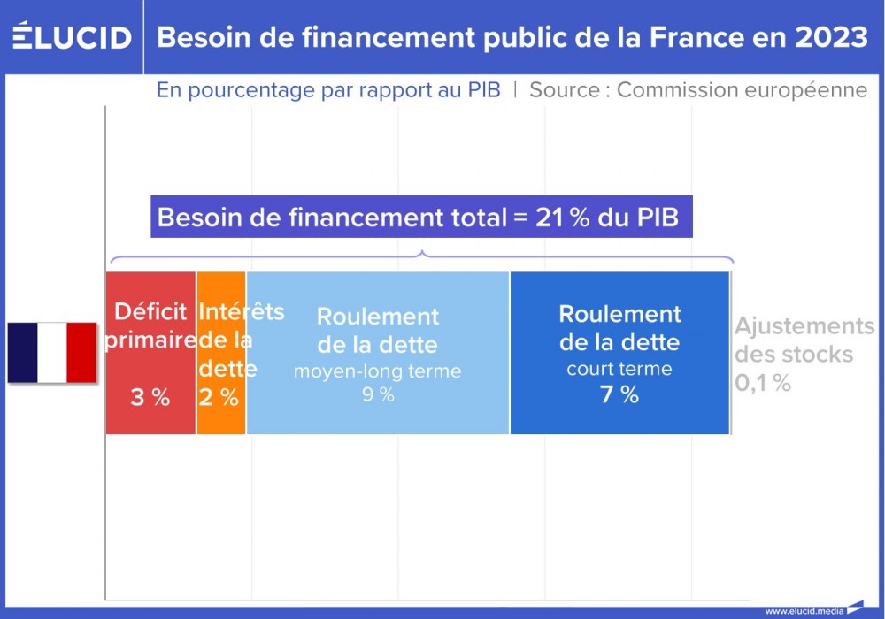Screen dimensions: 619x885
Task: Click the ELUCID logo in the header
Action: [x=72, y=37]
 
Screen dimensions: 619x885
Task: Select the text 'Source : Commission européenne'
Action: [x=698, y=90]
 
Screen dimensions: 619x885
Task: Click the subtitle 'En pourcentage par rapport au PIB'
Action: [x=328, y=90]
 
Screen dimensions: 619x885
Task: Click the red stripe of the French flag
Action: [x=82, y=352]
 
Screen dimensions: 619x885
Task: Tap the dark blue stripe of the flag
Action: [x=23, y=352]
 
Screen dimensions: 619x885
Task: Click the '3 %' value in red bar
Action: [x=150, y=398]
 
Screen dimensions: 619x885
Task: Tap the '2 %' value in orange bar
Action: [x=219, y=398]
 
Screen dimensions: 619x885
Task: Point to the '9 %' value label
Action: [x=378, y=395]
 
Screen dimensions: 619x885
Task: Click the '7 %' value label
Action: [x=619, y=395]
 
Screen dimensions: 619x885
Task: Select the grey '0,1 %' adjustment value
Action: [x=762, y=384]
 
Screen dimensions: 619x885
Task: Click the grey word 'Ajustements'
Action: [x=804, y=326]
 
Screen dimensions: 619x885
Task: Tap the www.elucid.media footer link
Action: [x=804, y=610]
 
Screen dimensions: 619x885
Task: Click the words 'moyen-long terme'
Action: [x=378, y=371]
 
